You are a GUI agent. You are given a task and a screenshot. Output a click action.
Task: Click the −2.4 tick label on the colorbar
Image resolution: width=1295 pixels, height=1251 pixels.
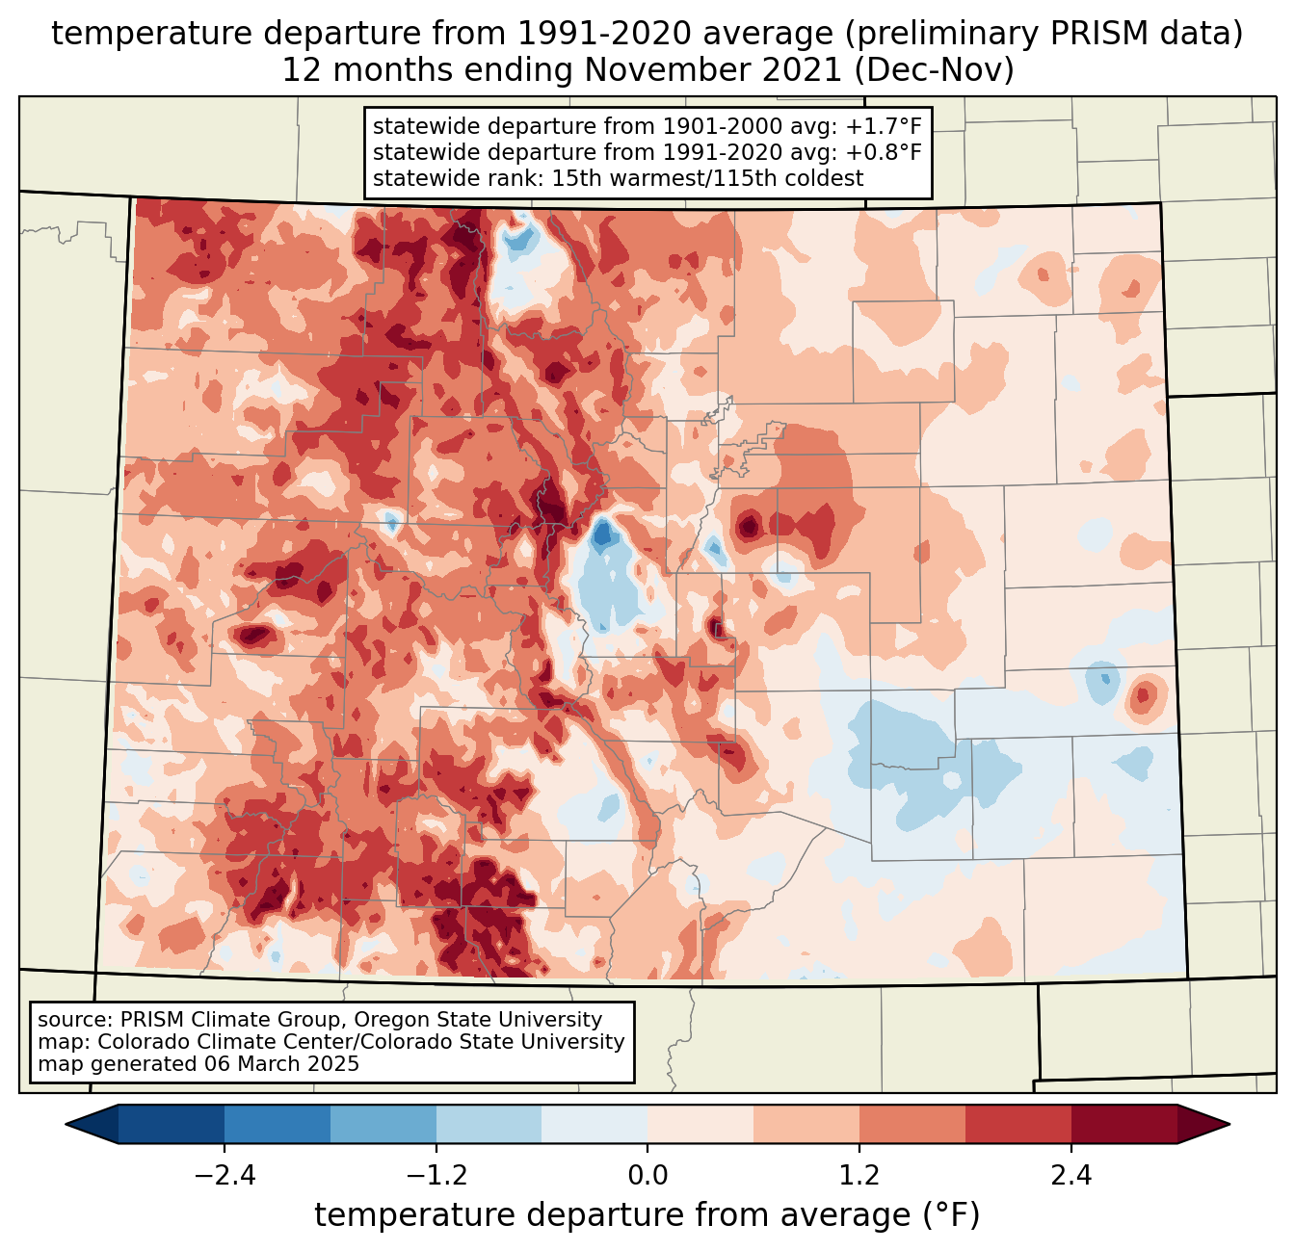tap(224, 1176)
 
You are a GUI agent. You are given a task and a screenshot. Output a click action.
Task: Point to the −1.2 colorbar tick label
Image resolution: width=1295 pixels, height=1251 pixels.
tap(436, 1176)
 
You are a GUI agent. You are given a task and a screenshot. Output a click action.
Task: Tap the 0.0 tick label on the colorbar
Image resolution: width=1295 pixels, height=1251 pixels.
tap(647, 1176)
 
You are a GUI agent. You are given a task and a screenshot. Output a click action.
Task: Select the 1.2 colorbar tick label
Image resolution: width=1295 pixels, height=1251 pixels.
tap(859, 1176)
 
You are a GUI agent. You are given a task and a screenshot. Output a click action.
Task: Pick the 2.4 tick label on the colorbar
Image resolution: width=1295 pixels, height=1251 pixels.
tap(1071, 1176)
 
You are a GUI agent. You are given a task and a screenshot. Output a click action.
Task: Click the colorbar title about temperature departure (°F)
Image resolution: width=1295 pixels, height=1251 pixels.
tap(647, 1215)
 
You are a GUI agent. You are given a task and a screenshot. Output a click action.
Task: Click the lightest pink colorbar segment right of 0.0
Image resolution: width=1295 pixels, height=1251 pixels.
tap(700, 1124)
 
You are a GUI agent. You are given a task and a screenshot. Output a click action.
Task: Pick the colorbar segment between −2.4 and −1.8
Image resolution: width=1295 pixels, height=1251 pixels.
tap(277, 1124)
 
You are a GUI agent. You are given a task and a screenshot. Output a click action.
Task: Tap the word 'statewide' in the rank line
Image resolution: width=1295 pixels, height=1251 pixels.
tap(417, 178)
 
